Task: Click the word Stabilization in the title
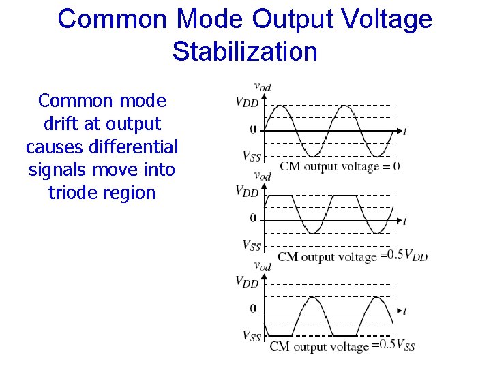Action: [x=245, y=51]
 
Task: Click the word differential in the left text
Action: [x=137, y=147]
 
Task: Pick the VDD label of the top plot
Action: [x=247, y=102]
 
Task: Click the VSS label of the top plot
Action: [x=251, y=156]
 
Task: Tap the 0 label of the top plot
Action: [x=253, y=129]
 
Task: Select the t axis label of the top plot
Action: [x=404, y=130]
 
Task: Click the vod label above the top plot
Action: [x=263, y=87]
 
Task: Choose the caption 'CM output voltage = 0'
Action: [x=340, y=166]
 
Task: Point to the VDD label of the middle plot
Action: [x=247, y=192]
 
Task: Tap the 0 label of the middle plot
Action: [x=253, y=219]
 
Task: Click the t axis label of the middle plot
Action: [x=404, y=220]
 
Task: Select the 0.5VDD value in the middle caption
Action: [x=407, y=256]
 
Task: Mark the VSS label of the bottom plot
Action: [x=251, y=336]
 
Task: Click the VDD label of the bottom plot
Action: [x=247, y=281]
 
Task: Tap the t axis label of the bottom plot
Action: [x=404, y=311]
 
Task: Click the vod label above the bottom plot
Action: [x=263, y=266]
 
